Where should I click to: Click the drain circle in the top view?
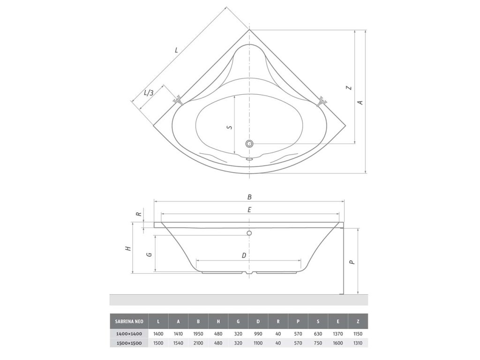click(x=249, y=143)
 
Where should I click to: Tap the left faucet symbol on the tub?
click(x=178, y=101)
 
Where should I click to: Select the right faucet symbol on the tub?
click(x=322, y=101)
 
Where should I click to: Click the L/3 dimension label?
click(x=149, y=92)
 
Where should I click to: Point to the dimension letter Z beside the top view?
click(x=348, y=88)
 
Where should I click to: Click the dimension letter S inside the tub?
click(x=230, y=127)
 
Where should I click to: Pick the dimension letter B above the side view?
click(x=249, y=197)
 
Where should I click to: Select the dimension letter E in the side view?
click(x=249, y=210)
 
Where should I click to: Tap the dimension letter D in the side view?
click(x=244, y=255)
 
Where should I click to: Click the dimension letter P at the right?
click(x=352, y=262)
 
